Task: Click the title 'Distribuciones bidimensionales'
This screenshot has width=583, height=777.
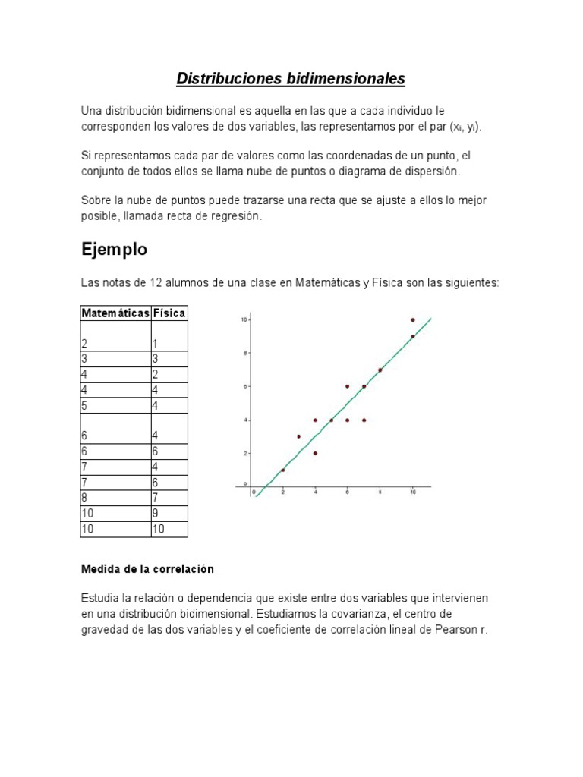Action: (x=291, y=78)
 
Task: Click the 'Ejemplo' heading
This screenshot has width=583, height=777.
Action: (x=114, y=249)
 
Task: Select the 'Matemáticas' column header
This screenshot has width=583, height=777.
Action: (x=115, y=313)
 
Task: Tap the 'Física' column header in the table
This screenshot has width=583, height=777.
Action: (x=169, y=313)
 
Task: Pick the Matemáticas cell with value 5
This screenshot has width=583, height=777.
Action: (x=85, y=405)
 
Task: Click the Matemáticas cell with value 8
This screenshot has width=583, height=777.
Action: (x=85, y=498)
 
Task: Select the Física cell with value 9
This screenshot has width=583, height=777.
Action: (x=156, y=514)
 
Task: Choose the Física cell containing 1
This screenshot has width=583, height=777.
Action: (x=156, y=343)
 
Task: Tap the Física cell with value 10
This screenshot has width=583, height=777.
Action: (x=159, y=529)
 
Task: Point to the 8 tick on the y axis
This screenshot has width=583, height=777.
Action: (x=244, y=353)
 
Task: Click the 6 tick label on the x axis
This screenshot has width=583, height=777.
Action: (x=347, y=492)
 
